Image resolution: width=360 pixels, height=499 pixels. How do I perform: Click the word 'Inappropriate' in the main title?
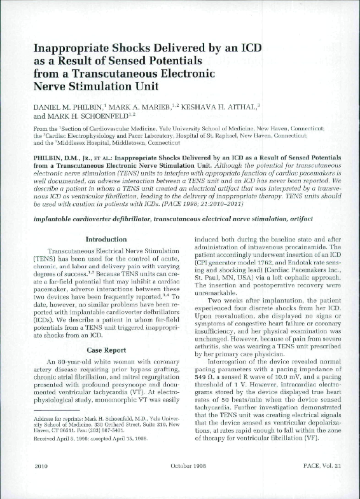pos(73,49)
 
